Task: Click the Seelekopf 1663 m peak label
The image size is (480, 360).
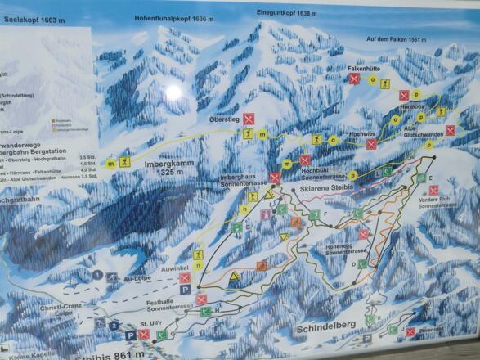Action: [x=32, y=20]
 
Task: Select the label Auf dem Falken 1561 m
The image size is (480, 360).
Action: [x=398, y=38]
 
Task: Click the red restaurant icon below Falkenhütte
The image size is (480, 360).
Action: [x=354, y=79]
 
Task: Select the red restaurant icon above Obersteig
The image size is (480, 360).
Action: [x=249, y=119]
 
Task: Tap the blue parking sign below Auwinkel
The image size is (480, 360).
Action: [x=185, y=290]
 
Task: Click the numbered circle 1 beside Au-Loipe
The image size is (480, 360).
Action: [x=97, y=275]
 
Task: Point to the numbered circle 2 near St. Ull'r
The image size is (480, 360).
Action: [x=113, y=325]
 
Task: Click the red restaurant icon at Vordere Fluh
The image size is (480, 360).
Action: [x=434, y=190]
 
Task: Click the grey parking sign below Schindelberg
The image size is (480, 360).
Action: [x=368, y=338]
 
